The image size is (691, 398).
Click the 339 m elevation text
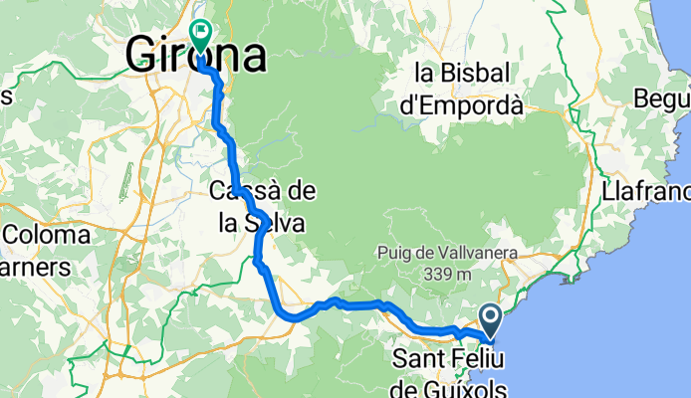tap(447, 272)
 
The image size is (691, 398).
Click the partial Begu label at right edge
tap(666, 100)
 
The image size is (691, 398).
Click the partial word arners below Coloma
tap(36, 267)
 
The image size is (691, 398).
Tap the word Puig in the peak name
tap(394, 253)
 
